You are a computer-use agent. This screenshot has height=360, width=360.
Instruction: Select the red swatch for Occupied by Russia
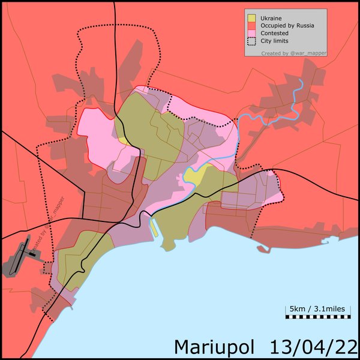click(x=250, y=26)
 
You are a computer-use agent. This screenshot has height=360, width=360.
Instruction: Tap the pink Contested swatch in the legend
click(x=250, y=34)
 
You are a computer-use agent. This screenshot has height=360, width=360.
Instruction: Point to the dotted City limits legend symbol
click(x=250, y=41)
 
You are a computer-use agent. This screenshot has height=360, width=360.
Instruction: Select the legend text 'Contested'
click(x=274, y=34)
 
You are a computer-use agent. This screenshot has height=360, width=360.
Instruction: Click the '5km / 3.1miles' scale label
click(x=317, y=308)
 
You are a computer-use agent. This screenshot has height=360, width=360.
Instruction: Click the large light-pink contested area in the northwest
click(x=99, y=129)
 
